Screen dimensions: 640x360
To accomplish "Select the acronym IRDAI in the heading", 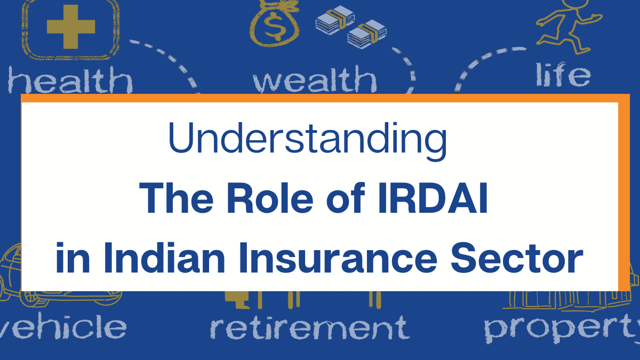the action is point(433,198).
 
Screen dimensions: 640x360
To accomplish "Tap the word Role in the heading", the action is point(270,198).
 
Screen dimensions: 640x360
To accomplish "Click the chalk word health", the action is point(70,79).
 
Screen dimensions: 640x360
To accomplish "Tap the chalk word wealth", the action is point(315,79).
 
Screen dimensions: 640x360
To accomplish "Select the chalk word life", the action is point(563,74).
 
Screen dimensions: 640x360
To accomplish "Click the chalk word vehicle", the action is point(62,326).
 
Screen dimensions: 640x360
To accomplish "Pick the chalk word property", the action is point(562,329).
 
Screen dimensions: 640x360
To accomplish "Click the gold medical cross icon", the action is point(71,27).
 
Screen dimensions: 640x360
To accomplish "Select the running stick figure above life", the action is point(569,26).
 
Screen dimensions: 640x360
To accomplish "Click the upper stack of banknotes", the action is point(335,19).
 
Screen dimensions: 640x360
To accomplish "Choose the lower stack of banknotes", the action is point(367,34).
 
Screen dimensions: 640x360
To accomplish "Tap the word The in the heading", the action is point(176,198).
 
